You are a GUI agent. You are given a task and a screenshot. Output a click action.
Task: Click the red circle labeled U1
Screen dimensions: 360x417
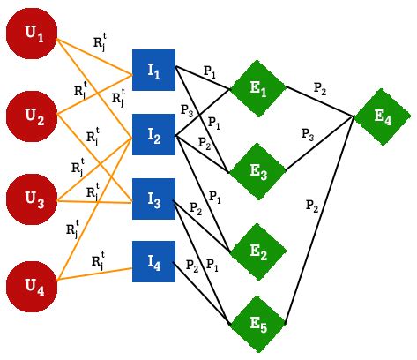33,34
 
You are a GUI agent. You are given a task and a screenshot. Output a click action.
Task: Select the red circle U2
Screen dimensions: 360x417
33,115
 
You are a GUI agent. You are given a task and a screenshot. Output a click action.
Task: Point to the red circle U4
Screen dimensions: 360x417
33,284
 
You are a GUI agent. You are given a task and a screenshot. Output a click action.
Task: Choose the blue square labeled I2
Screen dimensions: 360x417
153,135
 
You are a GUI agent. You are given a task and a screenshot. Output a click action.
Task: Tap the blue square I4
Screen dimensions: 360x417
153,261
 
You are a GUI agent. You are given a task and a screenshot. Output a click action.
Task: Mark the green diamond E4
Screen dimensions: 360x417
382,115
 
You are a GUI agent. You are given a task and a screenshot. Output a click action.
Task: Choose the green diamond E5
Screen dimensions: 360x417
257,322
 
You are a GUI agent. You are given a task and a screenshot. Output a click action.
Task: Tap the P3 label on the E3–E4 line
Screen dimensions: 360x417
307,134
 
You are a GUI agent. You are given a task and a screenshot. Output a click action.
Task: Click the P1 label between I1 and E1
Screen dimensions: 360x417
208,71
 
